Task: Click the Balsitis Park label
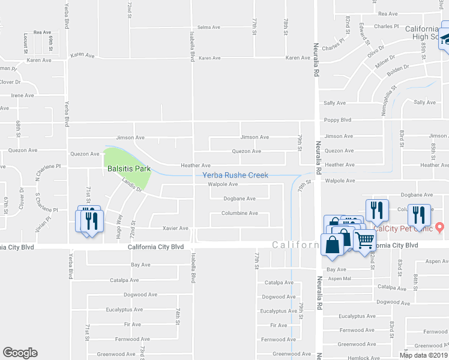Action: click(x=128, y=169)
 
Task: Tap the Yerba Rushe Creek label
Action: click(x=235, y=175)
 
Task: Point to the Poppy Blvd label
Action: click(x=337, y=119)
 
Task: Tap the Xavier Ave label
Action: click(x=176, y=228)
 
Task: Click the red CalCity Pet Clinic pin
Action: click(x=439, y=227)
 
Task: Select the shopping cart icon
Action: click(x=366, y=240)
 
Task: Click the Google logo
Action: click(x=20, y=353)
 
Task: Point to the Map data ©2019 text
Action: click(x=423, y=355)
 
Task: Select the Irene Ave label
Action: click(x=22, y=95)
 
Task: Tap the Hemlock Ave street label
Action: click(x=363, y=358)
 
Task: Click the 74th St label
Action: click(x=178, y=316)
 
